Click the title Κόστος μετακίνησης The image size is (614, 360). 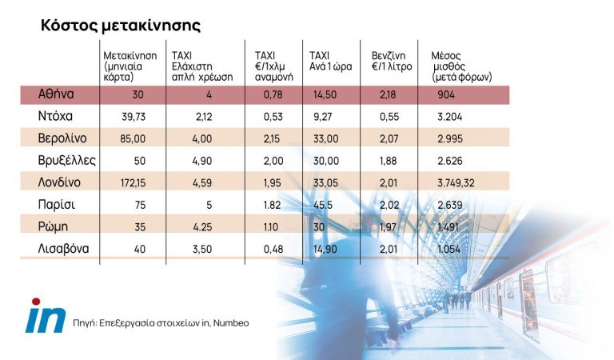(x=121, y=25)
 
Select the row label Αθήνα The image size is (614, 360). (x=57, y=94)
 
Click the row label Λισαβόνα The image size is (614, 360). (x=62, y=249)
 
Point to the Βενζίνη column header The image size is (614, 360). (x=392, y=60)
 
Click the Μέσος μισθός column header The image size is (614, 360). (x=460, y=66)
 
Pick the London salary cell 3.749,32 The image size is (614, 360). (x=457, y=182)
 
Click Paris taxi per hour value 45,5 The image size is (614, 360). (x=324, y=205)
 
